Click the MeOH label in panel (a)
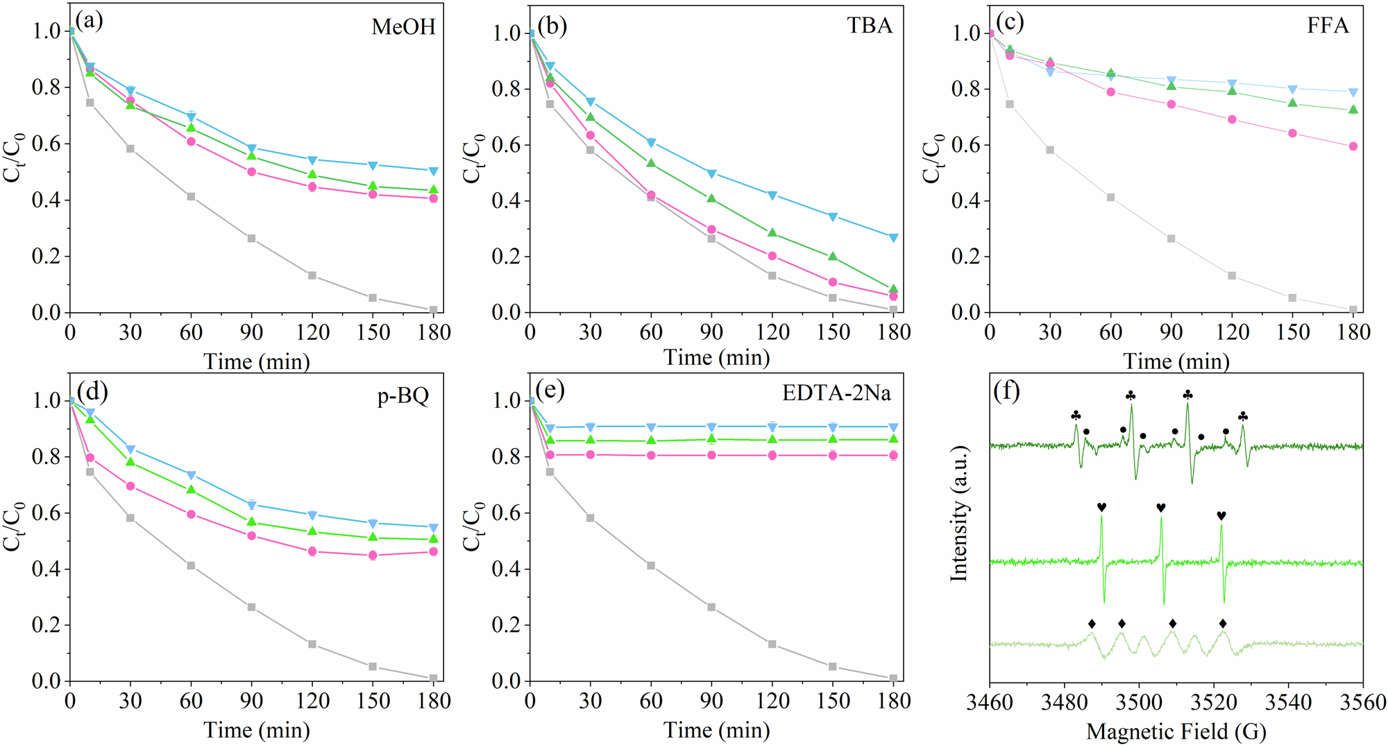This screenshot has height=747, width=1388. tap(403, 27)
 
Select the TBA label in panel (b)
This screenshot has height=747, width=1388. tap(869, 26)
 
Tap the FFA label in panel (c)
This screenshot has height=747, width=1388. tap(1328, 26)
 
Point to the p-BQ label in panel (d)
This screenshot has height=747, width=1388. tap(403, 396)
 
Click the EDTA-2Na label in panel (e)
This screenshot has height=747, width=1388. tap(836, 393)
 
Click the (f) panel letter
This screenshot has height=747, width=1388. tap(1006, 391)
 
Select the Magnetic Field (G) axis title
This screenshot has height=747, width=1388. tap(1176, 732)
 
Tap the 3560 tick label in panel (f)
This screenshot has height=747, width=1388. tap(1362, 703)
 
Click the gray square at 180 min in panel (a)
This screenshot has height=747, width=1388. tap(433, 310)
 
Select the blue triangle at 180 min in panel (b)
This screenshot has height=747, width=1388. tap(894, 238)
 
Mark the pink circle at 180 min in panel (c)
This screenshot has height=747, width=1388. tap(1353, 146)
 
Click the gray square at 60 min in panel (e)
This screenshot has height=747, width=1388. tap(651, 566)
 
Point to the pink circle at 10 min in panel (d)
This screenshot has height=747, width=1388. tap(90, 458)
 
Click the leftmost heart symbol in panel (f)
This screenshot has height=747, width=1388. tap(1101, 508)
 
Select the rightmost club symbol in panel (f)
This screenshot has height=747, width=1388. tap(1243, 417)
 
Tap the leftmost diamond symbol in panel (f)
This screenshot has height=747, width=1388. tap(1092, 624)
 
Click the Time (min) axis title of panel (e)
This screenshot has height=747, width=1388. tap(716, 730)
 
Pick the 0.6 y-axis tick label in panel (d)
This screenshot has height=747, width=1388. tap(46, 514)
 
